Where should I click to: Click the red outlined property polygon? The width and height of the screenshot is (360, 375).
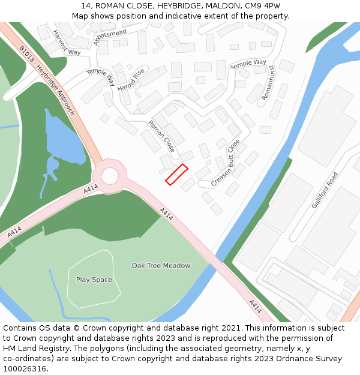[176, 174]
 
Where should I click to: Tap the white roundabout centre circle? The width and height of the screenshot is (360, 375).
[110, 176]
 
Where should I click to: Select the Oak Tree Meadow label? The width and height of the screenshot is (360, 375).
[161, 265]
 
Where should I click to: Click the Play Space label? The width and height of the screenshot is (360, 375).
[94, 280]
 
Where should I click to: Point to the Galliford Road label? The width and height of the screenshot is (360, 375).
[325, 190]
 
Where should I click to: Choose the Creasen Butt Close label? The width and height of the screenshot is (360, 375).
[225, 163]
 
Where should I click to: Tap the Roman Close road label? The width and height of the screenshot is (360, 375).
[161, 136]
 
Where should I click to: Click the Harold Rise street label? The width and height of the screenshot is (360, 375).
[131, 80]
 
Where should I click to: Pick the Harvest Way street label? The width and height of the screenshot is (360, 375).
[66, 43]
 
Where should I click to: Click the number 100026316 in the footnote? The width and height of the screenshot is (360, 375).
[25, 368]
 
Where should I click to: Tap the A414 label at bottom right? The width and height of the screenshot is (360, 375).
[255, 306]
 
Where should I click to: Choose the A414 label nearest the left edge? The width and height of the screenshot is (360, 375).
[14, 231]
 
